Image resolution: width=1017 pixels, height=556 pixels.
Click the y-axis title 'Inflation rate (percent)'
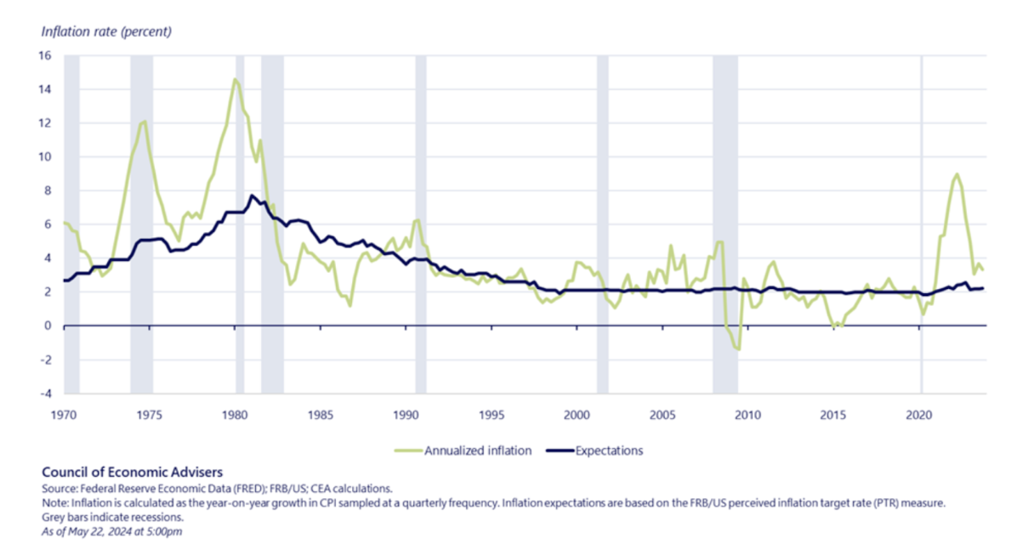click(106, 32)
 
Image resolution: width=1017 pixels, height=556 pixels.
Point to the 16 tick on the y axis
click(45, 56)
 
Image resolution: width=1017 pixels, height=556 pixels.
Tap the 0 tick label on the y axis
click(48, 326)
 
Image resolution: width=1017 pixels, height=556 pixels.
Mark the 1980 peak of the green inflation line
click(235, 79)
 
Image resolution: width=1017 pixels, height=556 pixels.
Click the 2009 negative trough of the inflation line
click(739, 349)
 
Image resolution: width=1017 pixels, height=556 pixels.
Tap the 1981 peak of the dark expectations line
click(252, 196)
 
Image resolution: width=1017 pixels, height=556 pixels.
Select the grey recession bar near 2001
click(602, 225)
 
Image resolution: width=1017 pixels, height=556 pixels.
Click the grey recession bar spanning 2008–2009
click(724, 225)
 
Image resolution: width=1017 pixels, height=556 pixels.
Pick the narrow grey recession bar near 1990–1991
click(420, 225)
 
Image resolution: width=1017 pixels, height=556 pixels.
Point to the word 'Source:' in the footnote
click(56, 489)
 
